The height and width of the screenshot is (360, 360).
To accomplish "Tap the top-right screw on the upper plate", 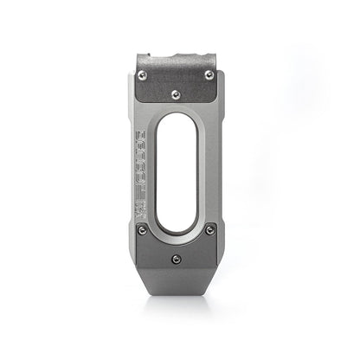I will pos(209,75).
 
